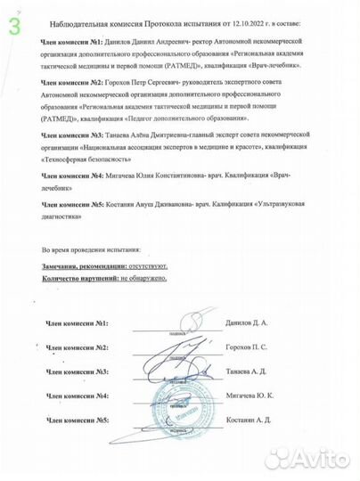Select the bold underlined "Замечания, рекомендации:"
(86, 267)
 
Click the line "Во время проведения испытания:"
(97, 251)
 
